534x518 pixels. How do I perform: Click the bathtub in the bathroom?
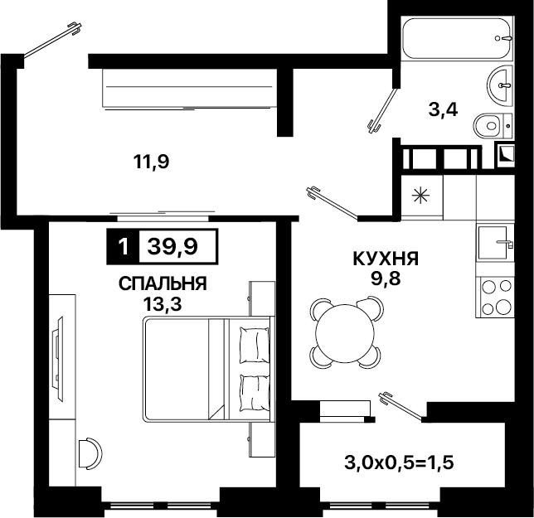[457, 38]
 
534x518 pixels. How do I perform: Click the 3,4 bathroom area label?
[443, 109]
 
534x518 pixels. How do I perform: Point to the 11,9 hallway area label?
[151, 162]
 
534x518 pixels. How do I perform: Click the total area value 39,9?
[172, 246]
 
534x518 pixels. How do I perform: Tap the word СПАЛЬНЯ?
[163, 283]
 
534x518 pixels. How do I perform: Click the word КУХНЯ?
[386, 259]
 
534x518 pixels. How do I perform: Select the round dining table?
[345, 333]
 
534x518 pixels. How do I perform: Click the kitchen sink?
[494, 242]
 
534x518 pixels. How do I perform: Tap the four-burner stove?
[495, 297]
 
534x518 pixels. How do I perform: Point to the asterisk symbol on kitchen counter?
[420, 196]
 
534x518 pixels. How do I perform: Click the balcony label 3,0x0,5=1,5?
[399, 462]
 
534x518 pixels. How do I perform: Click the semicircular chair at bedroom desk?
[90, 453]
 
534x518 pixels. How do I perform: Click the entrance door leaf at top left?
[52, 40]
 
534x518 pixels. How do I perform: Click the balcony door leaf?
[402, 405]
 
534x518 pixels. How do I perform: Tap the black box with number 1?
[123, 246]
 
